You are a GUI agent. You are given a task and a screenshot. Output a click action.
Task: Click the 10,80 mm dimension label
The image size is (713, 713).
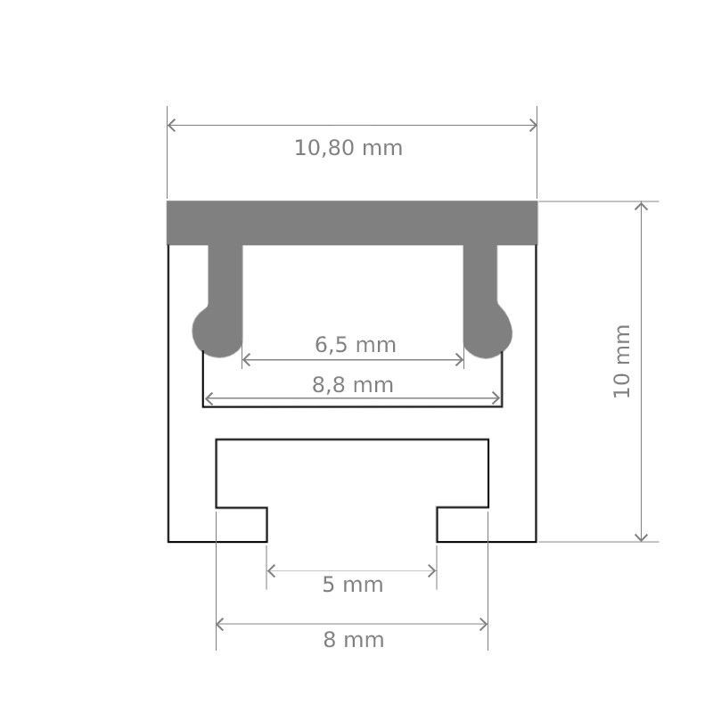pyautogui.click(x=348, y=148)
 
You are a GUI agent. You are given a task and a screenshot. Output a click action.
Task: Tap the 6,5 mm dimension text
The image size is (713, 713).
pyautogui.click(x=355, y=344)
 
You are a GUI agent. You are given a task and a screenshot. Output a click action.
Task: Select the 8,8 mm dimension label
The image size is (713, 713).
pyautogui.click(x=353, y=385)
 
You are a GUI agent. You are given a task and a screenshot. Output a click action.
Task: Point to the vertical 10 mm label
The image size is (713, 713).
pyautogui.click(x=622, y=361)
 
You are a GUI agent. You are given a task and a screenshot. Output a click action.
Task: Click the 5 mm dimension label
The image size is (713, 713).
pyautogui.click(x=352, y=585)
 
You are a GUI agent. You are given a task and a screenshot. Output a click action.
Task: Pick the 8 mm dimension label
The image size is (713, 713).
pyautogui.click(x=353, y=640)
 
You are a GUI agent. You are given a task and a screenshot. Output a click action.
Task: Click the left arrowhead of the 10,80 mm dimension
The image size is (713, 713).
pyautogui.click(x=172, y=125)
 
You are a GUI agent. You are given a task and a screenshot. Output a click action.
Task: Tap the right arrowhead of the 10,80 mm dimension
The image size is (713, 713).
pyautogui.click(x=532, y=125)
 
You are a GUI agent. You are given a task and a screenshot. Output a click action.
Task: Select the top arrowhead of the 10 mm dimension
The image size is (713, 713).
pyautogui.click(x=641, y=207)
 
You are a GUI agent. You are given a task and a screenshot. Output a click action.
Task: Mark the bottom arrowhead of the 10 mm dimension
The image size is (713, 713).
pyautogui.click(x=641, y=536)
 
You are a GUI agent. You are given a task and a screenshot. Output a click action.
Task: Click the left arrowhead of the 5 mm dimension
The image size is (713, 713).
pyautogui.click(x=272, y=570)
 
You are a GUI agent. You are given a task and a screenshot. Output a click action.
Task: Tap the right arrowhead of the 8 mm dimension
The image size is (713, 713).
pyautogui.click(x=483, y=624)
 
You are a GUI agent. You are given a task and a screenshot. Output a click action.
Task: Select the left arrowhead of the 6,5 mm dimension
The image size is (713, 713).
pyautogui.click(x=247, y=360)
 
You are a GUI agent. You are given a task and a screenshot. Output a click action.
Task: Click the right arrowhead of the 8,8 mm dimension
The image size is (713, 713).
pyautogui.click(x=496, y=398)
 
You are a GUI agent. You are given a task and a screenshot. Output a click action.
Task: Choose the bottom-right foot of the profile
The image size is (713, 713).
pyautogui.click(x=487, y=525)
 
